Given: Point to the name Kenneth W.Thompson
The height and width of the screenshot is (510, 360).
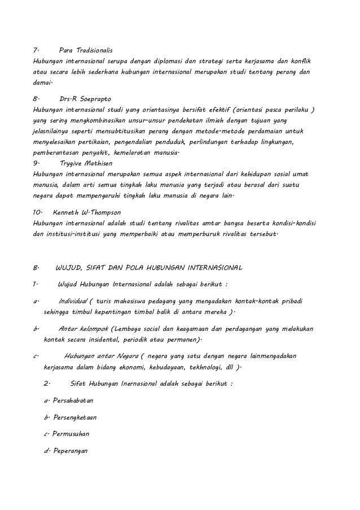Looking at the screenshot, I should (x=86, y=213).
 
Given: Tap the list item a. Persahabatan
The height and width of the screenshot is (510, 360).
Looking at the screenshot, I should (x=68, y=400).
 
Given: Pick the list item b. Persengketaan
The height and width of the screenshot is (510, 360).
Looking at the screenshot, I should (x=70, y=417).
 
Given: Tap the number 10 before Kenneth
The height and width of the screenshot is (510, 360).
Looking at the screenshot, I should (x=38, y=213).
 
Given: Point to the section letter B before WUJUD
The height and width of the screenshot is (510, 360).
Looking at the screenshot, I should (x=36, y=266).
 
